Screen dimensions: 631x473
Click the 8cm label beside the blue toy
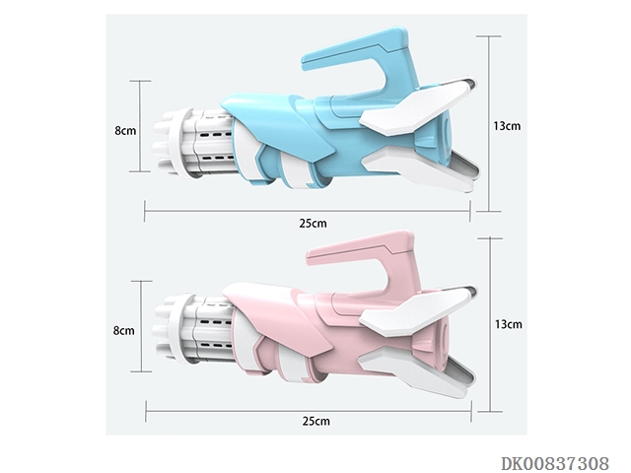pyautogui.click(x=125, y=131)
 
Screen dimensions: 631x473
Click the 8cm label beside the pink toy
pyautogui.click(x=124, y=331)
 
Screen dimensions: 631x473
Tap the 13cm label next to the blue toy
pyautogui.click(x=507, y=126)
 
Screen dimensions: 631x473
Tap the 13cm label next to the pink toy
pyautogui.click(x=509, y=324)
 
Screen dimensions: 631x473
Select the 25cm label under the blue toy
pyautogui.click(x=314, y=224)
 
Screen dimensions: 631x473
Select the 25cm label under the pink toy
pyautogui.click(x=316, y=421)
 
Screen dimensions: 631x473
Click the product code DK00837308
pyautogui.click(x=555, y=463)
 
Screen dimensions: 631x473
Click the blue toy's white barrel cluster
pyautogui.click(x=193, y=143)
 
